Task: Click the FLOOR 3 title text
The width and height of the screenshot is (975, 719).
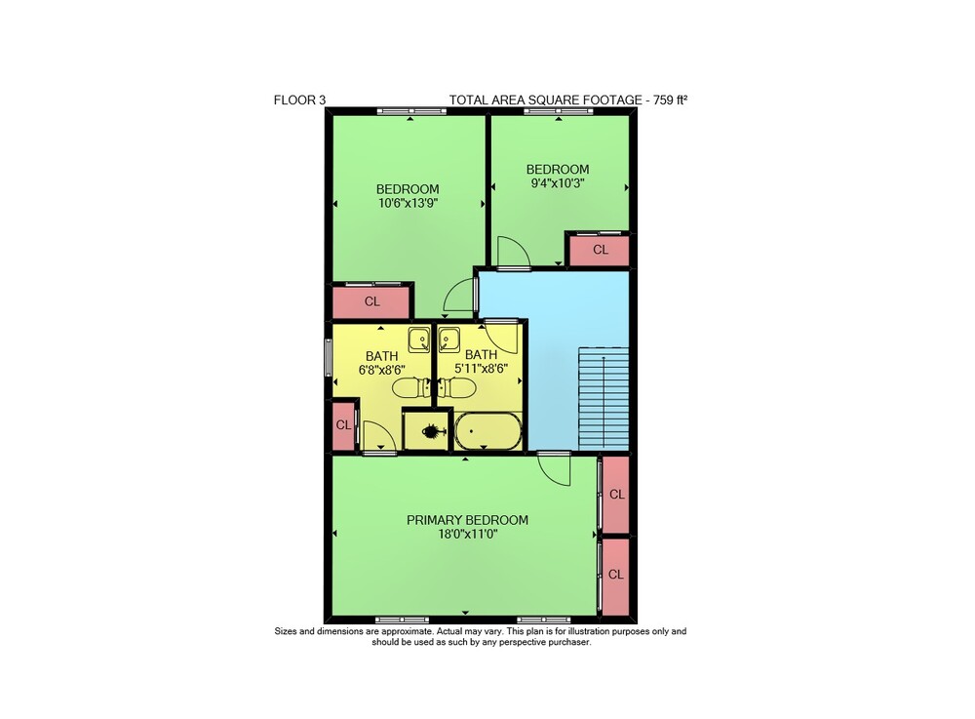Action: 299,100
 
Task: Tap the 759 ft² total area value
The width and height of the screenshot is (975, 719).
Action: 671,100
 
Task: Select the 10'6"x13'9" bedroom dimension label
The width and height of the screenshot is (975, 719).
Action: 408,203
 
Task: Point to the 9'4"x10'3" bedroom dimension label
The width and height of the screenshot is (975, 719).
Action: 557,182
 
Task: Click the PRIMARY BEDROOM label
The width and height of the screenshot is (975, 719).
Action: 468,520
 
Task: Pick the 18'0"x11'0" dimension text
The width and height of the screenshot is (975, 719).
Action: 468,534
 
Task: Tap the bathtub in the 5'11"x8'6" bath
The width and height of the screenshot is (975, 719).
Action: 488,430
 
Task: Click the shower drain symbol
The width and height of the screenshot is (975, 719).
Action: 430,430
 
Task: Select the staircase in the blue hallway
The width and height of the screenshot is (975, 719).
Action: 604,399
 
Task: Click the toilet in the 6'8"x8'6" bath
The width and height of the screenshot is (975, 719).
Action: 411,388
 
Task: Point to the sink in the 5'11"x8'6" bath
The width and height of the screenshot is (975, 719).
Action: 448,340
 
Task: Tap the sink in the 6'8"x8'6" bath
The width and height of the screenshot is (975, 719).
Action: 419,340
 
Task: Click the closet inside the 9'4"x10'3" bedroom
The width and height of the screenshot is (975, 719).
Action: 600,250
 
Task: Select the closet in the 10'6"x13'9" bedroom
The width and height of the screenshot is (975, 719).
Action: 371,301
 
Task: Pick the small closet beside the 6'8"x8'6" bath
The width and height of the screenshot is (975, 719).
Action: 343,425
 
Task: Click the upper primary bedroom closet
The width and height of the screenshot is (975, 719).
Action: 616,495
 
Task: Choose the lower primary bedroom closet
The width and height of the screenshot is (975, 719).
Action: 616,575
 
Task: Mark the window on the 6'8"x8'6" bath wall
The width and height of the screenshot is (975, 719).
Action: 329,357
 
